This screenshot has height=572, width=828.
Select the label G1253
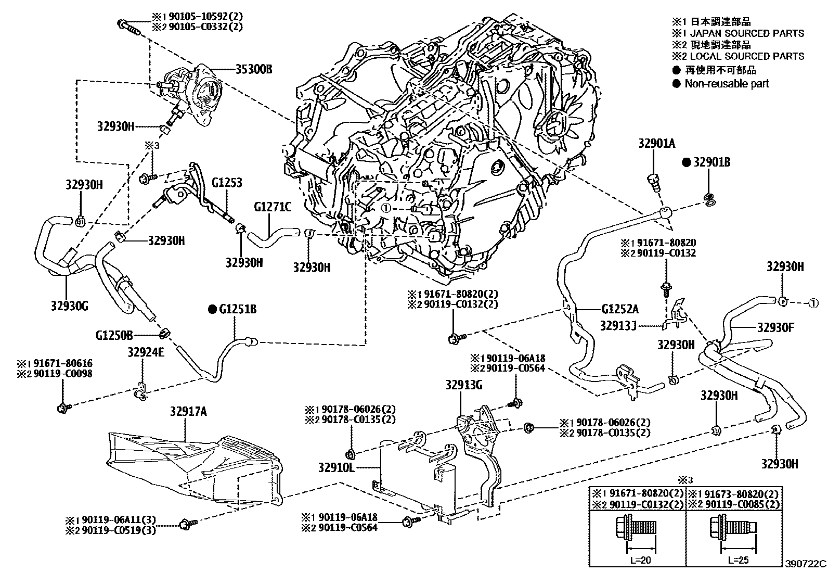pyautogui.click(x=227, y=183)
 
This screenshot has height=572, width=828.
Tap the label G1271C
pyautogui.click(x=273, y=207)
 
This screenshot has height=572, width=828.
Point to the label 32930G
pyautogui.click(x=69, y=306)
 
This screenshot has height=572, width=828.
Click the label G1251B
pyautogui.click(x=238, y=310)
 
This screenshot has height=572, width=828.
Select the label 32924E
pyautogui.click(x=146, y=352)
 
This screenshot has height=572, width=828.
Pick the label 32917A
pyautogui.click(x=188, y=412)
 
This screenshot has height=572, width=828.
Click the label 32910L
pyautogui.click(x=337, y=467)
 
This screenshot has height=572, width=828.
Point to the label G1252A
pyautogui.click(x=620, y=309)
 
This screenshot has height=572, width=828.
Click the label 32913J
pyautogui.click(x=618, y=325)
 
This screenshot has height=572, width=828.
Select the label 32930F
pyautogui.click(x=776, y=327)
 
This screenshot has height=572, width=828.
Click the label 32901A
pyautogui.click(x=657, y=144)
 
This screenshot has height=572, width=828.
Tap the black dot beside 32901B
pyautogui.click(x=687, y=163)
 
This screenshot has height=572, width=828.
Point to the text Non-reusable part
pyautogui.click(x=726, y=84)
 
